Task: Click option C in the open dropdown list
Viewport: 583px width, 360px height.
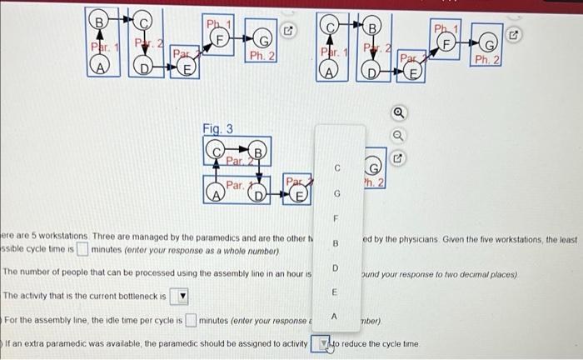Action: [x=336, y=167]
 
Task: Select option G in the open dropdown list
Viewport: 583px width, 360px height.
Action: [x=336, y=193]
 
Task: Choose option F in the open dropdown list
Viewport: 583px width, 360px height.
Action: [x=336, y=219]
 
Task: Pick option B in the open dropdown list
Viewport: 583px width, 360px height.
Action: [x=336, y=244]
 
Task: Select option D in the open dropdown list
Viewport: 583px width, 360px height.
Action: [x=336, y=268]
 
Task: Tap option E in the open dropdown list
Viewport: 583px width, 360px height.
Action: [x=336, y=292]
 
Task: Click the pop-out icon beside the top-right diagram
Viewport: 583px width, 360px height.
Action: [x=514, y=36]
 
